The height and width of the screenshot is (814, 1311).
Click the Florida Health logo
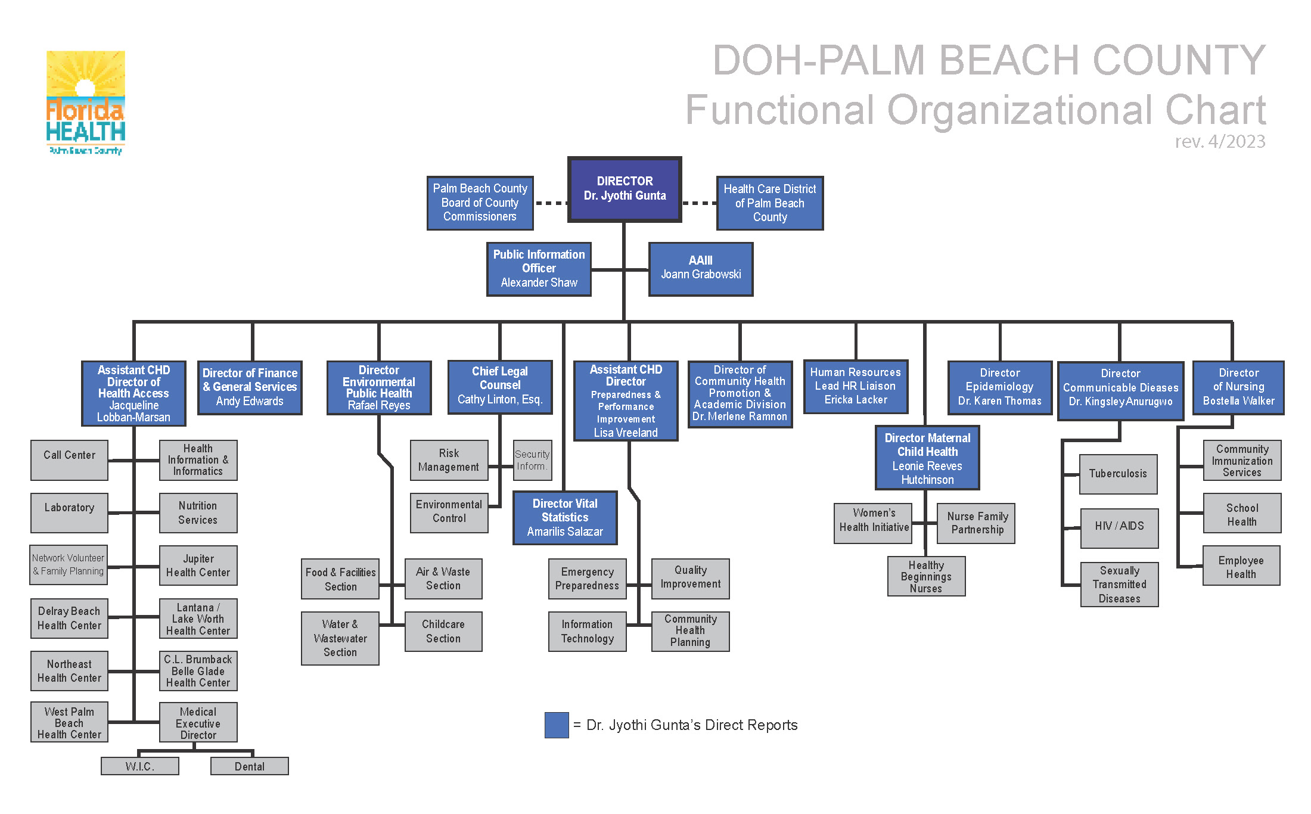click(86, 102)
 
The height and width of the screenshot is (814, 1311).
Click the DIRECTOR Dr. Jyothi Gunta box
click(625, 189)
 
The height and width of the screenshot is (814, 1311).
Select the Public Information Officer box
click(539, 269)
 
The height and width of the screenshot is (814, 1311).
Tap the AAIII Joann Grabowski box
click(701, 269)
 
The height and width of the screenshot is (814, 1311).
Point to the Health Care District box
click(769, 203)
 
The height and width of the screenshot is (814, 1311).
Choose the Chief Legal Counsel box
click(499, 387)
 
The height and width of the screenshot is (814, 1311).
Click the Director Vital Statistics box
click(564, 517)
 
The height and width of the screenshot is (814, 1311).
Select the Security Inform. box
click(532, 460)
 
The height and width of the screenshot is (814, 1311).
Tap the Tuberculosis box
click(1118, 474)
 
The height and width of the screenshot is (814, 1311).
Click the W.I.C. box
click(140, 766)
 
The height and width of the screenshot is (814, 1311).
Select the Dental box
click(249, 766)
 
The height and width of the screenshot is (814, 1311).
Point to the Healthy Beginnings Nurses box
click(926, 576)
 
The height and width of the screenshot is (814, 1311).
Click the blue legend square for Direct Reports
click(556, 725)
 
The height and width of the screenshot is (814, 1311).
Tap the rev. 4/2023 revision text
click(1220, 142)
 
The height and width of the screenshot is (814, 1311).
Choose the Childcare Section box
click(443, 631)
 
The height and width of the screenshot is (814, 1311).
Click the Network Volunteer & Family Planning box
click(69, 564)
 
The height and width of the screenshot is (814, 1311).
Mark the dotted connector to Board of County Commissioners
click(551, 203)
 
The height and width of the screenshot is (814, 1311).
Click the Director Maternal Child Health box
click(927, 458)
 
